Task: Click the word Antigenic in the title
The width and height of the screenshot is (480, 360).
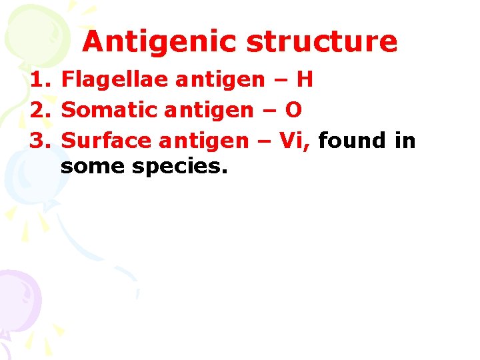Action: click(160, 43)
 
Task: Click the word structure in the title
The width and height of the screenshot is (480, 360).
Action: click(322, 41)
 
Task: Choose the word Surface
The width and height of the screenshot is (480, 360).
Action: click(106, 141)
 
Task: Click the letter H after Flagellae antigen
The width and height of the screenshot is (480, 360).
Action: click(305, 81)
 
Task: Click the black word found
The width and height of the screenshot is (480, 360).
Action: click(352, 141)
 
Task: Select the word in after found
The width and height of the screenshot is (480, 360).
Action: click(403, 141)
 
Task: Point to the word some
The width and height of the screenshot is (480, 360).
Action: click(93, 167)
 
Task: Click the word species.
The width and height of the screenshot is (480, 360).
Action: click(180, 167)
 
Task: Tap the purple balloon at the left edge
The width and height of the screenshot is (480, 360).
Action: click(17, 293)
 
